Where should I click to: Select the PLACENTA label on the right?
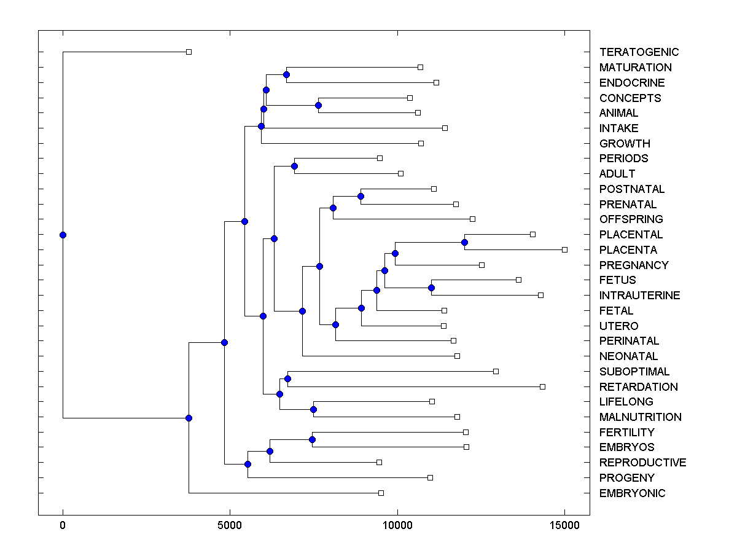point(628,250)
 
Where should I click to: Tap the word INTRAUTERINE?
point(639,296)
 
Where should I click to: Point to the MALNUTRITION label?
point(640,417)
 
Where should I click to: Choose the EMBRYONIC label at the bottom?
point(632,493)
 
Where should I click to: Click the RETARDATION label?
point(638,387)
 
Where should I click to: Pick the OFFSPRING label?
point(631,219)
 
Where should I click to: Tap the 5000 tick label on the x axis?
point(230,525)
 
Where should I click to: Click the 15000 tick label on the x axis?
point(564,525)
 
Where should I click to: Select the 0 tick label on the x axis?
point(63,525)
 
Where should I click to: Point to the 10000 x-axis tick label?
point(397,525)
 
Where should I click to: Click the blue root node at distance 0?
point(63,235)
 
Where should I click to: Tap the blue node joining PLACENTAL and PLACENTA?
point(464,242)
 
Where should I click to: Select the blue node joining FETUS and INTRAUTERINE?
point(431,288)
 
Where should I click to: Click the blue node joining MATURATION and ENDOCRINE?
point(286,74)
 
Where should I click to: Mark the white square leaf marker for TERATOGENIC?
point(189,52)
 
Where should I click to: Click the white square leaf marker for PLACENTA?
point(564,249)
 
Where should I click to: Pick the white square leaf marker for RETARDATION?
point(542,386)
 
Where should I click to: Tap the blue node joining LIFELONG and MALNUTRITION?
point(313,409)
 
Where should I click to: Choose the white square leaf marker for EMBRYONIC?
point(381,493)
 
